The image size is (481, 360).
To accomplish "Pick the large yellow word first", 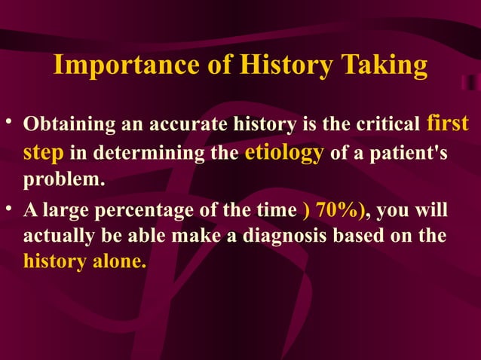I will click(447, 122).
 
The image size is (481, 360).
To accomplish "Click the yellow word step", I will click(44, 153).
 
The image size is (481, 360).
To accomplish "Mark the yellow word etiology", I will click(285, 153).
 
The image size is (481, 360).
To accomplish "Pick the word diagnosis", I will click(293, 237).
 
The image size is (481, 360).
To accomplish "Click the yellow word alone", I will click(118, 263).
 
